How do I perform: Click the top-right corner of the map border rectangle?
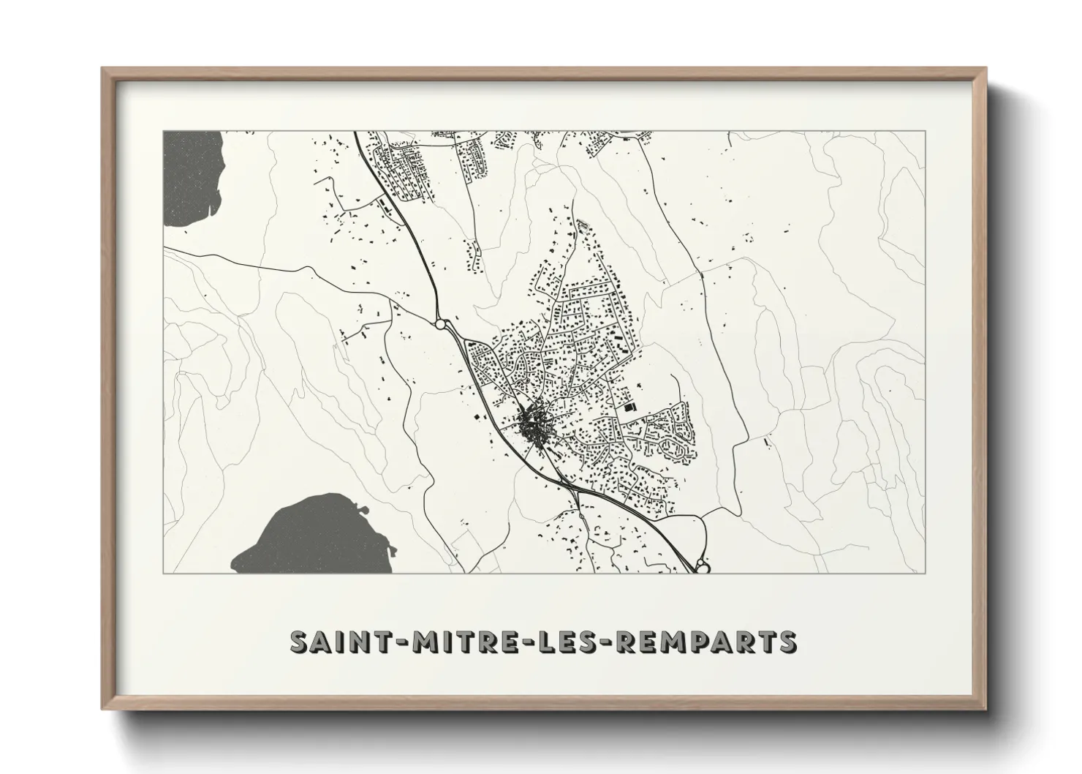[926, 131]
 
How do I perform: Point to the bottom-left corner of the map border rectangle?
[163, 573]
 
